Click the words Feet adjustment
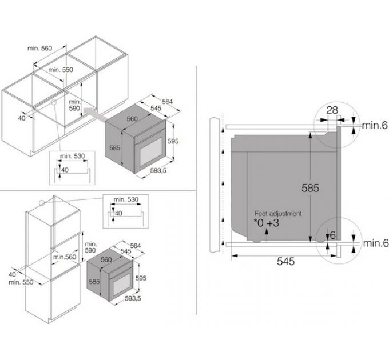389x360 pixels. pyautogui.click(x=278, y=213)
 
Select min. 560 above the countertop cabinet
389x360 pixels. pyautogui.click(x=39, y=49)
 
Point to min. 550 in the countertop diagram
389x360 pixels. pyautogui.click(x=62, y=69)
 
